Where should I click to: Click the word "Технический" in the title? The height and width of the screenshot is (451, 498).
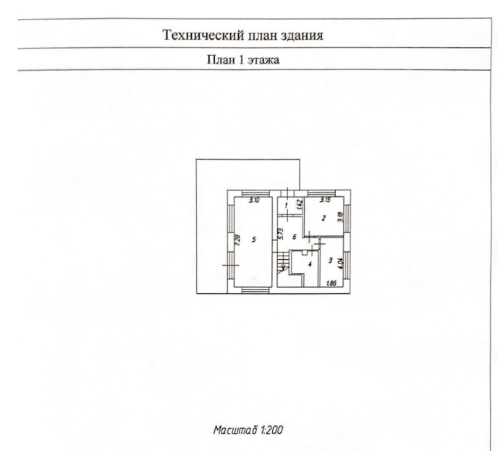(x=198, y=35)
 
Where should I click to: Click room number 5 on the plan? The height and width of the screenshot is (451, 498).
(x=253, y=238)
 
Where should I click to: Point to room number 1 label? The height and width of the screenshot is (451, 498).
(x=287, y=207)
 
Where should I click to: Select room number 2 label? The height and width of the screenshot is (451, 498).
(x=323, y=217)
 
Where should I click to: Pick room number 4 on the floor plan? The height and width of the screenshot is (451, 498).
(x=309, y=266)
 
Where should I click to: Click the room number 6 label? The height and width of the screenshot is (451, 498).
(x=294, y=237)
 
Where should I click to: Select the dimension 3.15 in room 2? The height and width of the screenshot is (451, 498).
(x=324, y=200)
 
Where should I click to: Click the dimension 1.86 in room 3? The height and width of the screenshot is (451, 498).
(x=332, y=283)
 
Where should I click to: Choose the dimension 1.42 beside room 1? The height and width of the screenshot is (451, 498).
(x=296, y=204)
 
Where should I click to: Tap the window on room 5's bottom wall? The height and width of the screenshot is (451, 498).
(x=253, y=291)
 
